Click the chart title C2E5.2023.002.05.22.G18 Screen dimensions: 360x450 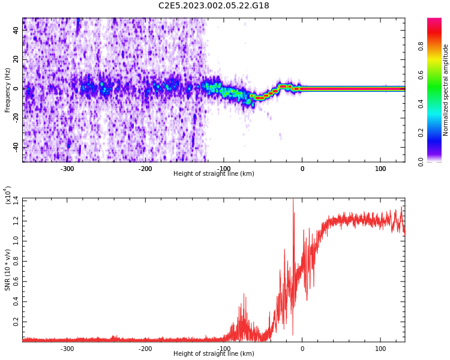click(x=214, y=6)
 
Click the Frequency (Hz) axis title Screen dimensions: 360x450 click(x=8, y=90)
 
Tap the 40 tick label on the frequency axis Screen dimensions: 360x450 click(x=16, y=30)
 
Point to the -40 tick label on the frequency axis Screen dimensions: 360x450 click(x=14, y=147)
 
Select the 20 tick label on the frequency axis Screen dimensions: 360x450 click(x=16, y=59)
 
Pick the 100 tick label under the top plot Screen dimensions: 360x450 click(x=380, y=169)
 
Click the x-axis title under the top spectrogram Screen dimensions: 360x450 click(x=214, y=174)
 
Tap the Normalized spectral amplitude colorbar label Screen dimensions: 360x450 click(x=446, y=90)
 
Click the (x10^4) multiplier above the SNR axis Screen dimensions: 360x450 click(x=7, y=195)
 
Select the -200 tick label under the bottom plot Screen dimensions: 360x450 click(x=145, y=349)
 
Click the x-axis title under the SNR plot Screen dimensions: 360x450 click(x=214, y=354)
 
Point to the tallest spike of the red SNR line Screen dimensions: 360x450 click(x=293, y=200)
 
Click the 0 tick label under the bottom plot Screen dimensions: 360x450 click(x=302, y=349)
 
